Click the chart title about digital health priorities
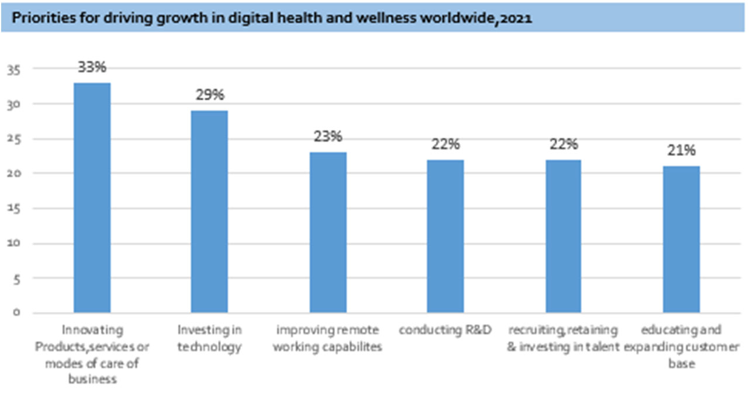(272, 18)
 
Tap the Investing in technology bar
(209, 211)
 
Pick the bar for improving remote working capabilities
(328, 232)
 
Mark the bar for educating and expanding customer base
(681, 239)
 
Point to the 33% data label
(92, 67)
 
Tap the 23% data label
(328, 137)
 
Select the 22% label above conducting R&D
(446, 144)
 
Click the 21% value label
(682, 150)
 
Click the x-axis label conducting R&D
(445, 331)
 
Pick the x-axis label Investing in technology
(209, 338)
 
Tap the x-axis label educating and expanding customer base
(681, 346)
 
